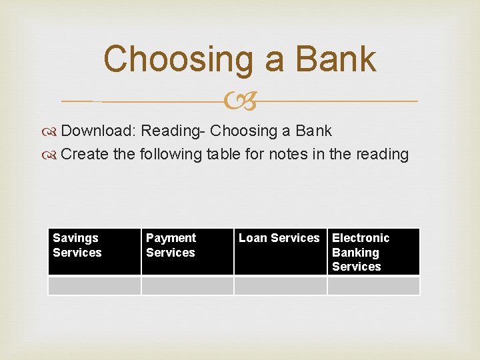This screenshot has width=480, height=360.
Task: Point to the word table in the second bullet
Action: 227,154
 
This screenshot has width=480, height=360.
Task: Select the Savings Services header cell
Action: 94,252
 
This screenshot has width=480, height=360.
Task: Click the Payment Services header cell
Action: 187,252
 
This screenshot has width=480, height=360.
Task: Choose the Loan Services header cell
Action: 280,252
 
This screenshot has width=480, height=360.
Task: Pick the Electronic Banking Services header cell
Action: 373,252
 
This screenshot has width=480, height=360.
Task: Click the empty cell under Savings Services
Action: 94,285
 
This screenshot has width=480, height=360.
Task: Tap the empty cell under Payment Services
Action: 187,285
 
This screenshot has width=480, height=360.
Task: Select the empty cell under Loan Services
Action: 280,285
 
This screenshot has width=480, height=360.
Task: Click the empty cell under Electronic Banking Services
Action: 373,285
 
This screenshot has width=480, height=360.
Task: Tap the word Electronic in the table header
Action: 361,238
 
